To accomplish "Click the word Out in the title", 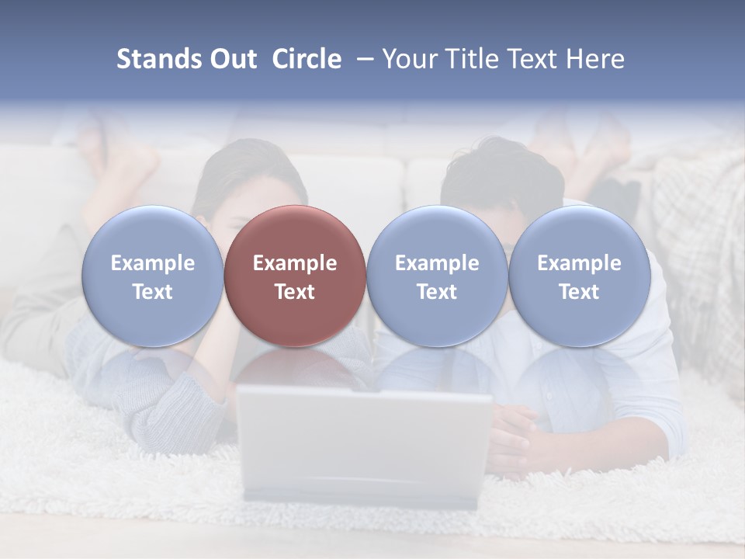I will (230, 59).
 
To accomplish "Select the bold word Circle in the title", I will (307, 59).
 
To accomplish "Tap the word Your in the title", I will (408, 59).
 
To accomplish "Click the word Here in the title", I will (595, 59).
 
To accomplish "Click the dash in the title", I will (362, 59).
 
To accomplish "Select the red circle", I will (295, 276).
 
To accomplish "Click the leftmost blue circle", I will (153, 276).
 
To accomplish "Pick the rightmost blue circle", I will (580, 276).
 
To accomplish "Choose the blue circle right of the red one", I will (437, 276).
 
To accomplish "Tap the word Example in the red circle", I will (295, 263).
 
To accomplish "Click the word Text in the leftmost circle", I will (153, 292).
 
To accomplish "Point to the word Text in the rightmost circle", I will (580, 292).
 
